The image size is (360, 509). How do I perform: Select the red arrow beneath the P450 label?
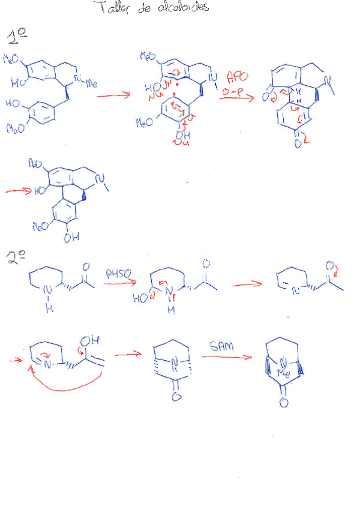[x=118, y=280]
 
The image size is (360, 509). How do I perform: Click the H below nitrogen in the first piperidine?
[x=50, y=309]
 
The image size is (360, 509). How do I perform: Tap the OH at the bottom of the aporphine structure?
[x=71, y=238]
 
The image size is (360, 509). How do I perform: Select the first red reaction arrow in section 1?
[x=113, y=95]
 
